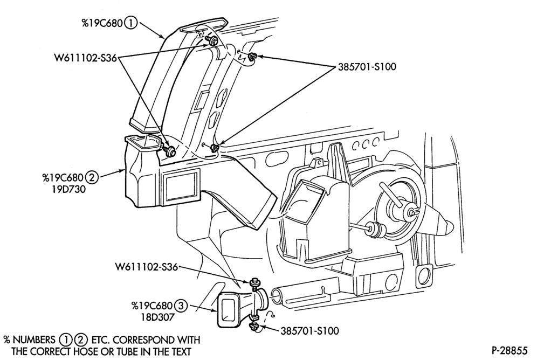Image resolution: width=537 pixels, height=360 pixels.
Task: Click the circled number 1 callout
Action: (x=131, y=23)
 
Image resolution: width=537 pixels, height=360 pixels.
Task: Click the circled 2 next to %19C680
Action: (x=92, y=178)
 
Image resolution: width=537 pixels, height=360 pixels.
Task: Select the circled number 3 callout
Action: (x=181, y=306)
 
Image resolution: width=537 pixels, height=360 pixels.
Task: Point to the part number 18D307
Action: (x=157, y=317)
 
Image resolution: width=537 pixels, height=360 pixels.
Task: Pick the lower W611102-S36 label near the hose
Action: (x=146, y=267)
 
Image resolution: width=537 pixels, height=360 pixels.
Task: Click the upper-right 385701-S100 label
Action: (x=367, y=66)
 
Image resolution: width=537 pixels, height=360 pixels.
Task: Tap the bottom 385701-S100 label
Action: (x=309, y=331)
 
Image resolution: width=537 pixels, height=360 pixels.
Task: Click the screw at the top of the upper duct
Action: (x=212, y=41)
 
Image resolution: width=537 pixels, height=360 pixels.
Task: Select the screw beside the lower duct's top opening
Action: (x=169, y=150)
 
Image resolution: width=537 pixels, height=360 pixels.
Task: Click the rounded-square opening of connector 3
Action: (x=227, y=310)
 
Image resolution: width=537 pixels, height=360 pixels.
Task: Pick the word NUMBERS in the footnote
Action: (x=34, y=340)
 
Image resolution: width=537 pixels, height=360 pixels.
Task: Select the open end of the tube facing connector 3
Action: (x=277, y=295)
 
